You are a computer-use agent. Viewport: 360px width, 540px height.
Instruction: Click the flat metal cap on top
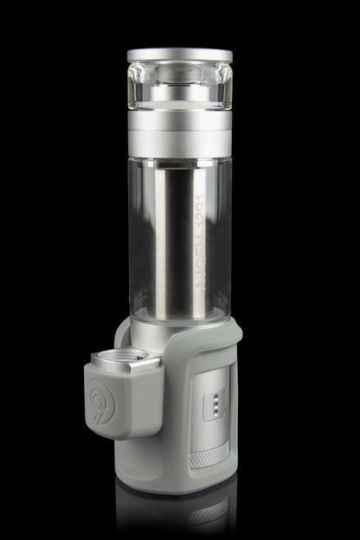point(179,55)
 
